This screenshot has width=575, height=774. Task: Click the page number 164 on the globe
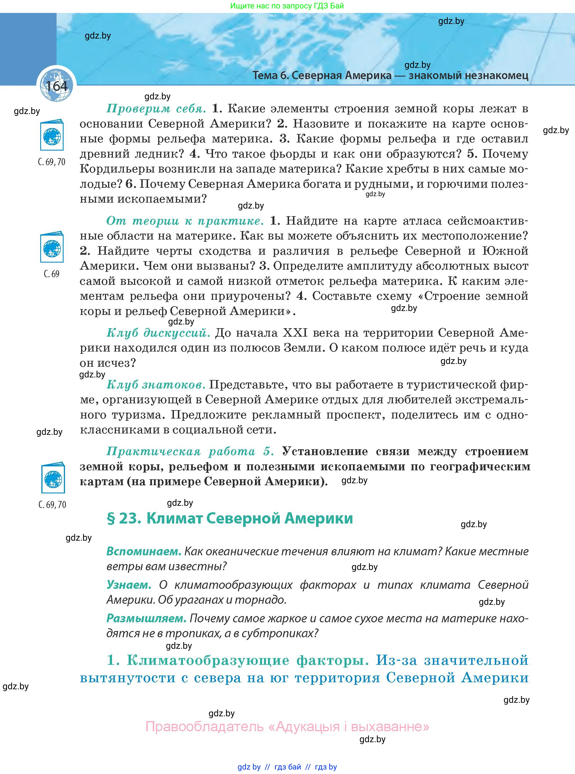[56, 86]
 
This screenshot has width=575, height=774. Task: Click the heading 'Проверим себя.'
[156, 109]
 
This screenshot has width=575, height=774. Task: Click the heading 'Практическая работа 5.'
[190, 451]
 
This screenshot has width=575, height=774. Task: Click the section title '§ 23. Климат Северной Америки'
[230, 518]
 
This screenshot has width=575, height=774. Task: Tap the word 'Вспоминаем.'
[144, 551]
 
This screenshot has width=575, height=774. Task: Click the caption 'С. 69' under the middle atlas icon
[52, 274]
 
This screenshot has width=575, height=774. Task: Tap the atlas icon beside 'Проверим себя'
[52, 136]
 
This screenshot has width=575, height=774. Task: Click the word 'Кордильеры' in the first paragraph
[115, 169]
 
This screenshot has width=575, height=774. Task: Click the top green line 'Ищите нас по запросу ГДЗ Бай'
[287, 6]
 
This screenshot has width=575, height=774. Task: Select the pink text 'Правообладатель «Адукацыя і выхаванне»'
[287, 727]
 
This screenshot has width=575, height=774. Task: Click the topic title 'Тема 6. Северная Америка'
[322, 75]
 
